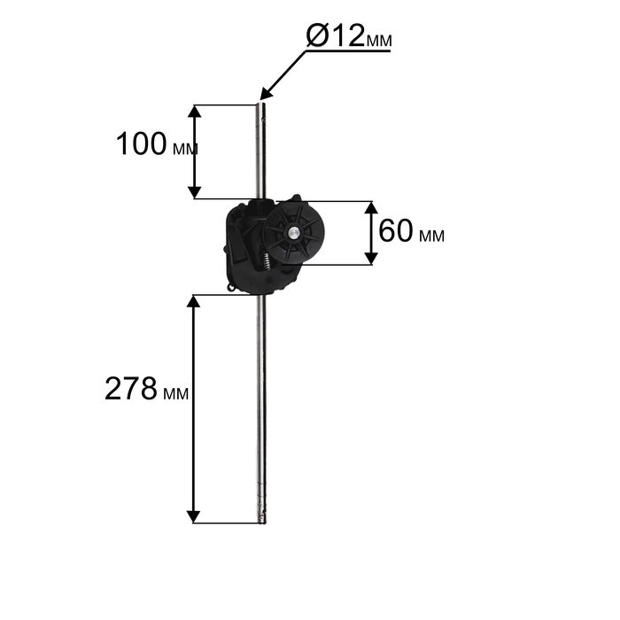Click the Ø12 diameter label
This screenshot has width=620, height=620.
point(349,35)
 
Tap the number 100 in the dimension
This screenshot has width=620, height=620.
point(141,143)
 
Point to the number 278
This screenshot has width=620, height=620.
point(131,389)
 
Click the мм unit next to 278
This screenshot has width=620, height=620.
point(175,393)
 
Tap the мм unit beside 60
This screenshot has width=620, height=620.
point(432,236)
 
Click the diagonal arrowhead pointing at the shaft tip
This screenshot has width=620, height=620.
point(266,94)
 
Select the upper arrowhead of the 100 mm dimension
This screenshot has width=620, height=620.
point(194,112)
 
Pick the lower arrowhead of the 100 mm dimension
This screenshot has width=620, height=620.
point(194,192)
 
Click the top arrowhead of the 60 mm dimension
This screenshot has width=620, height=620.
point(370,208)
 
